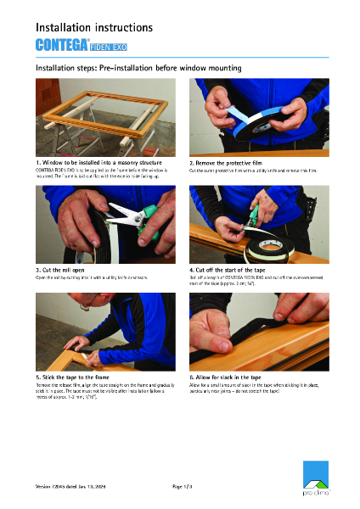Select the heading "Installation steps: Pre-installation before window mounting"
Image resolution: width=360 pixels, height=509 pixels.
(x=138, y=67)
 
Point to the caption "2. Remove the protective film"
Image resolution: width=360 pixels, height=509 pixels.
(x=233, y=161)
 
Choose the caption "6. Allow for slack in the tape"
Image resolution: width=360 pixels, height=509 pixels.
(x=234, y=376)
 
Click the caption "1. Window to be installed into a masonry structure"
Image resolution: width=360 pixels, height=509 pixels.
(x=93, y=161)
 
